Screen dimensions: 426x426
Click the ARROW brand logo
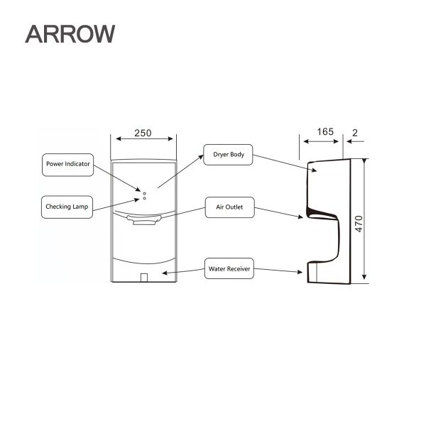(x=69, y=34)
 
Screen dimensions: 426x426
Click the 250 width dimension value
(x=143, y=133)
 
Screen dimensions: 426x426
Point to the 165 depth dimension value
(x=324, y=132)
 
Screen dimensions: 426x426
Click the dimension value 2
(x=354, y=132)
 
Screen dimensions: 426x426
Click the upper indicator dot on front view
(x=144, y=192)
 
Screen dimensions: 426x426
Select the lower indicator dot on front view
(x=144, y=198)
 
